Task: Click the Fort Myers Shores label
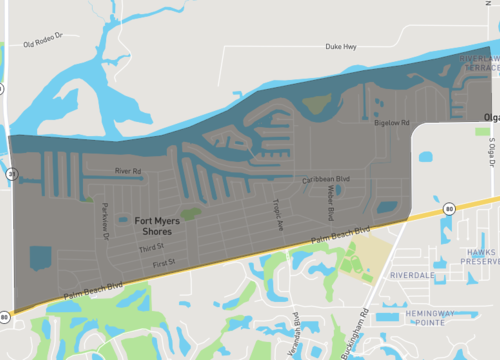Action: pyautogui.click(x=156, y=224)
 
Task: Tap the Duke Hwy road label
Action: pyautogui.click(x=341, y=47)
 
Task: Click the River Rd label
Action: pyautogui.click(x=130, y=171)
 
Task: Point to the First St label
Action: pyautogui.click(x=163, y=262)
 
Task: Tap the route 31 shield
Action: pyautogui.click(x=10, y=173)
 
